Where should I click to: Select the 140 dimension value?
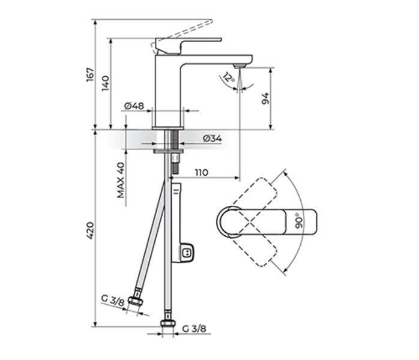pyautogui.click(x=106, y=83)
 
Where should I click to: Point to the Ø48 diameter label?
pyautogui.click(x=134, y=106)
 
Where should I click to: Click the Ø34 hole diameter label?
pyautogui.click(x=212, y=139)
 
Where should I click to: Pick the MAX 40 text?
pyautogui.click(x=121, y=180)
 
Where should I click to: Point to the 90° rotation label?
pyautogui.click(x=298, y=221)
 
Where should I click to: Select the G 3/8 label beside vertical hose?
pyautogui.click(x=194, y=329)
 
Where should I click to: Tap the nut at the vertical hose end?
pyautogui.click(x=167, y=326)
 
